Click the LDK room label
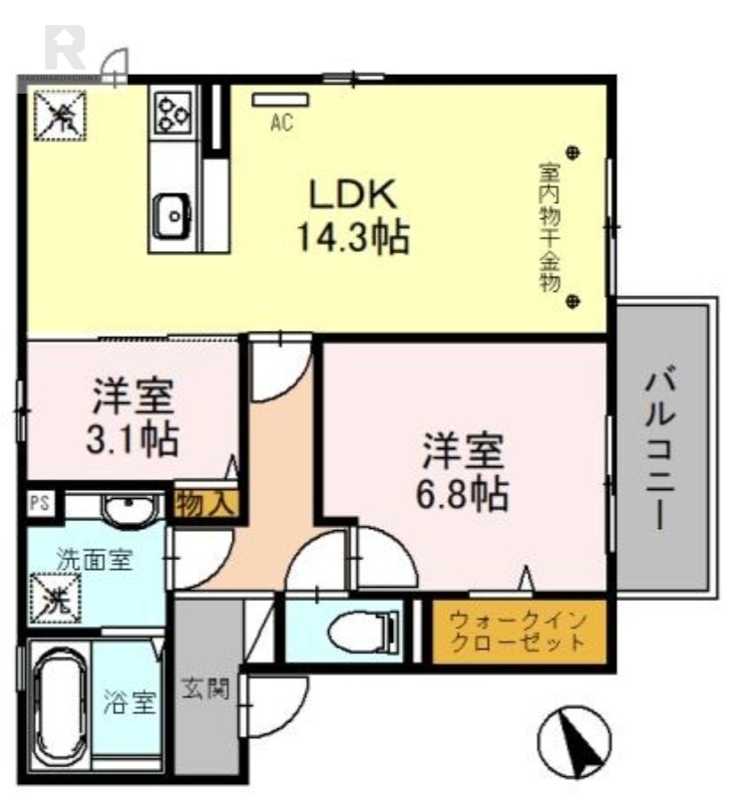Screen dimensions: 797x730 pos(352,192)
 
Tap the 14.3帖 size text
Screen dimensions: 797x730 pos(352,237)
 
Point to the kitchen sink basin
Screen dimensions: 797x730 pos(172,212)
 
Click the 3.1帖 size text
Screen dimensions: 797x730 pos(134,437)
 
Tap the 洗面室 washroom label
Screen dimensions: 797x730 pos(93,559)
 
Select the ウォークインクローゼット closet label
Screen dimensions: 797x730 pos(519,631)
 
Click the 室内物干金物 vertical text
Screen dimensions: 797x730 pos(546,226)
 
